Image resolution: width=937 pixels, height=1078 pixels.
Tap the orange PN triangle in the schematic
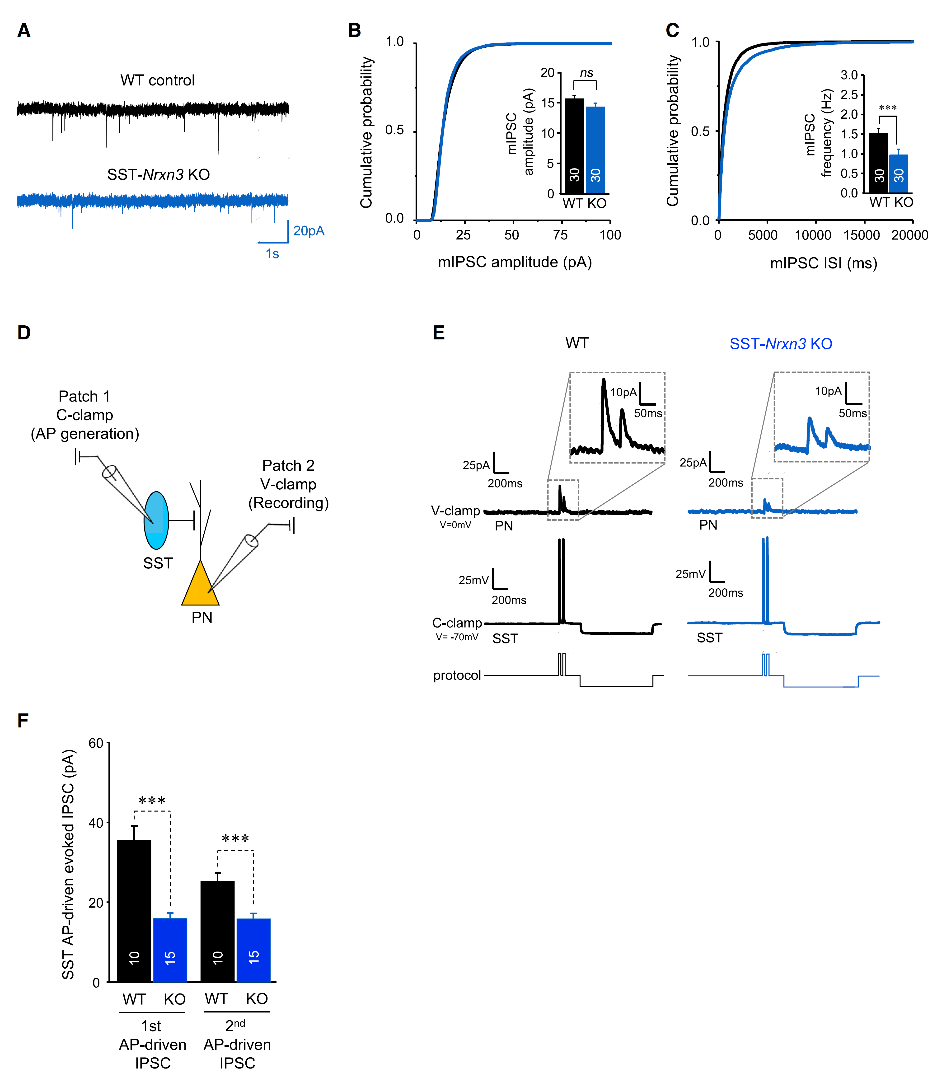[200, 586]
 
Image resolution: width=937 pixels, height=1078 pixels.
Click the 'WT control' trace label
[157, 80]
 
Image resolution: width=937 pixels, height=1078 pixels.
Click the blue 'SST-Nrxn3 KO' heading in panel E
[781, 344]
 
